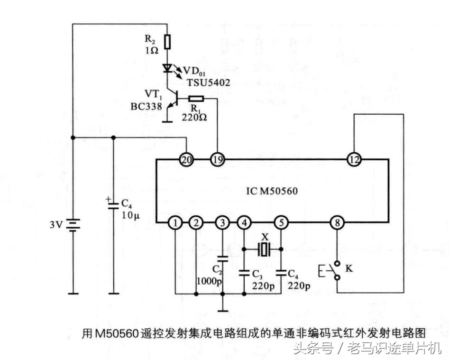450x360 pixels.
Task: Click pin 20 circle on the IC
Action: click(x=186, y=160)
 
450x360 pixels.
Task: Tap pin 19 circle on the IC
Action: click(x=217, y=160)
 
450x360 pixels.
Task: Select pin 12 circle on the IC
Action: click(x=354, y=160)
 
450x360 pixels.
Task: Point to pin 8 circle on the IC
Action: click(x=337, y=222)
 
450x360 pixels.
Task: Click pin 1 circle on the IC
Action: click(x=176, y=222)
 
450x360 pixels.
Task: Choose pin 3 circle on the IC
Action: click(x=222, y=222)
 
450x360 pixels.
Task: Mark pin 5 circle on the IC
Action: click(x=281, y=222)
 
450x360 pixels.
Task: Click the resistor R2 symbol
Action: click(x=167, y=41)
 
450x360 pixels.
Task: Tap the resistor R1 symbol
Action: click(x=196, y=99)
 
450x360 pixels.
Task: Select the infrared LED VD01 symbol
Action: click(x=167, y=68)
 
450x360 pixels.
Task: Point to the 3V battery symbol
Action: click(x=73, y=224)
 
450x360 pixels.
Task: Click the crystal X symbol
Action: click(x=264, y=248)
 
